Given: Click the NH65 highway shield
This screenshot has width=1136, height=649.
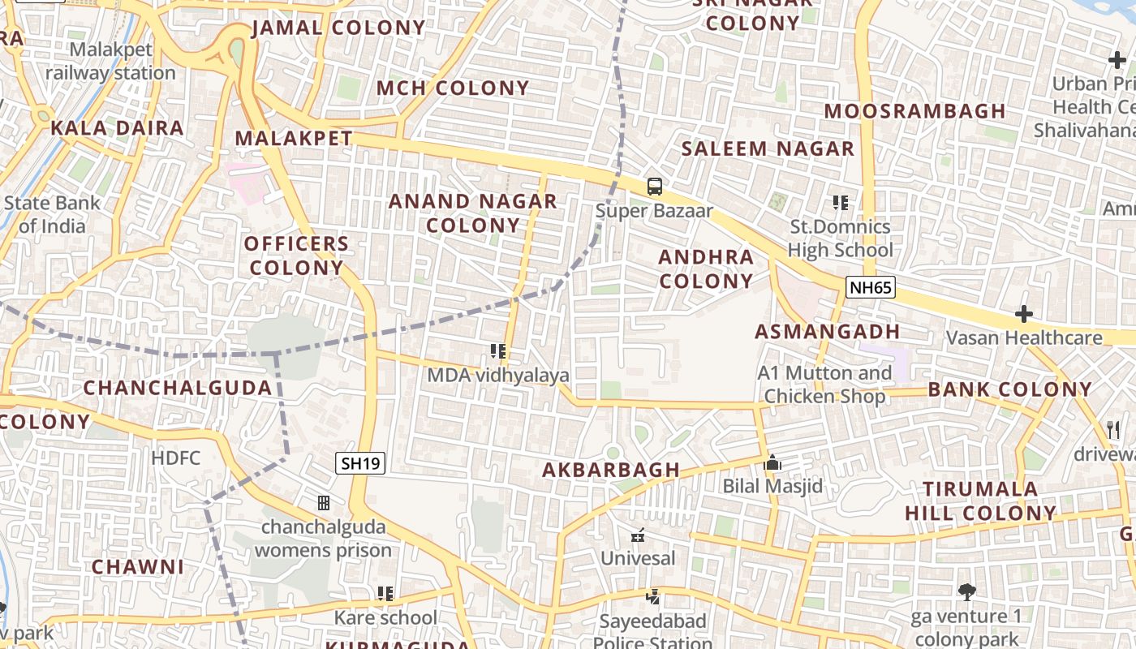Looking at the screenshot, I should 870,286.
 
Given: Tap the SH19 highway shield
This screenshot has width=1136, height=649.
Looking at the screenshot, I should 360,463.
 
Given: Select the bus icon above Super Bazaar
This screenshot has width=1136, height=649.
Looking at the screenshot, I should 654,187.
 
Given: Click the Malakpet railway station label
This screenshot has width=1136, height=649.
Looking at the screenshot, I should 110,62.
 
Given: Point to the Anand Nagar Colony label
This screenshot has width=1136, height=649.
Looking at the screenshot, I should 473,213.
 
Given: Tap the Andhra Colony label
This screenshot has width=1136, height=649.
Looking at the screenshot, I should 706,269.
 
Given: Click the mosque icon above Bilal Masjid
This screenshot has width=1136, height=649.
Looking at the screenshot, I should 772,463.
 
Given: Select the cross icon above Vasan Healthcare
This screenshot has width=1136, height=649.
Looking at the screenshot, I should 1024,314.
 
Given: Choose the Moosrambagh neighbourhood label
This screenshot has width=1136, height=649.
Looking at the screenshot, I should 914,110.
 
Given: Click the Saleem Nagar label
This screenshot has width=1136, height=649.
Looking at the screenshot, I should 768,148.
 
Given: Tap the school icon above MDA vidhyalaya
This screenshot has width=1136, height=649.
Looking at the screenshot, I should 498,351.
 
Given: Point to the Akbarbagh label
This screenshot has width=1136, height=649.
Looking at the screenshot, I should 611,470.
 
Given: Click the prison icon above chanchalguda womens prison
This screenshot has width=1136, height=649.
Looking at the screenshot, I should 324,503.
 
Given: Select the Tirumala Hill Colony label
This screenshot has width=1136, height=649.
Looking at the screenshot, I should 980,501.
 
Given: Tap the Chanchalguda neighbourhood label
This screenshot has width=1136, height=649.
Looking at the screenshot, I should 178,388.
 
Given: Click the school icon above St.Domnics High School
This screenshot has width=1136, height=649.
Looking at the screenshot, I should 840,203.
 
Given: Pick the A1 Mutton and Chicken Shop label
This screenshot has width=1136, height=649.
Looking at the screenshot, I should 824,385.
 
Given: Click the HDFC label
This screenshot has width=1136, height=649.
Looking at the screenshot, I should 175,458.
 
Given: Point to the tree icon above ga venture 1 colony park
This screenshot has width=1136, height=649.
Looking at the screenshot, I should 966,592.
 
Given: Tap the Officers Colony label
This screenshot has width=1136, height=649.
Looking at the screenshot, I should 297,255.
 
